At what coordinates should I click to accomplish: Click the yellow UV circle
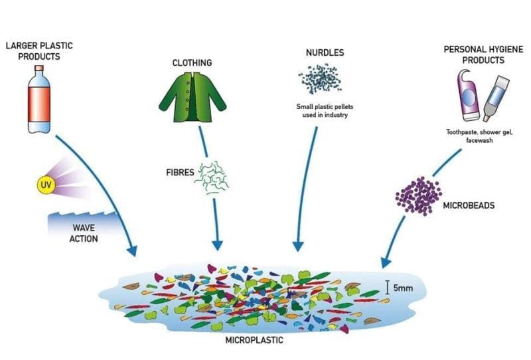coord(46,185)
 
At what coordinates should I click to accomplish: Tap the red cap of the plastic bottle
coord(39,68)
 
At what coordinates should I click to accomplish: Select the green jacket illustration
coord(192,97)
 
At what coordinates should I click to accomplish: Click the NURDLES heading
coord(325,52)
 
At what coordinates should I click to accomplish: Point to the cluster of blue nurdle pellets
coord(321,79)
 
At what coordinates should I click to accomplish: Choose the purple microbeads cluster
coord(419,195)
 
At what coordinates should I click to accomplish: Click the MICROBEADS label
coord(469,205)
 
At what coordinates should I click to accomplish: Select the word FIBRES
coord(180,173)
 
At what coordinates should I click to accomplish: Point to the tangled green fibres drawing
coord(212,177)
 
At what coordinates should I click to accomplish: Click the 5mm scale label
coord(403,288)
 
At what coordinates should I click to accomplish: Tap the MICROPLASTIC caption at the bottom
coord(254,340)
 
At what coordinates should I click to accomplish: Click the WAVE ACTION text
coord(84,233)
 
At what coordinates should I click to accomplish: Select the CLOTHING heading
coord(192,62)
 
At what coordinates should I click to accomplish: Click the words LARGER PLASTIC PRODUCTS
coord(39,51)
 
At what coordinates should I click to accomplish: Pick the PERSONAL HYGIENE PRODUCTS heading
coord(484,54)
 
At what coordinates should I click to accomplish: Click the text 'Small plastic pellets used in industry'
coord(325,110)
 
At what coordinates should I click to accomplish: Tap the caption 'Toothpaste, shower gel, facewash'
coord(479,136)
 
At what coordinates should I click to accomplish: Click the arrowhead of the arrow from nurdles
coord(298,246)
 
